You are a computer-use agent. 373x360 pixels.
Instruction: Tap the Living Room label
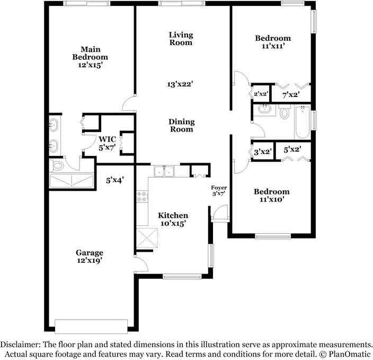(x=181, y=39)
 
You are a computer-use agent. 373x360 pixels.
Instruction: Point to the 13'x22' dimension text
(x=180, y=84)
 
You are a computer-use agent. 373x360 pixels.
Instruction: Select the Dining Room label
(x=182, y=125)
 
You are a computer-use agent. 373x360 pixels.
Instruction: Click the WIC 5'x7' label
(x=107, y=143)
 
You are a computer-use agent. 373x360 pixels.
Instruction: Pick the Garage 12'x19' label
(x=90, y=257)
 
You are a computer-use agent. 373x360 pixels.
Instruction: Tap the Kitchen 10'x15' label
(x=173, y=219)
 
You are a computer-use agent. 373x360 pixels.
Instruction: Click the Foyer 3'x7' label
(x=219, y=191)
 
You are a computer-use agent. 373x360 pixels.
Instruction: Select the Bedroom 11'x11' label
(x=273, y=42)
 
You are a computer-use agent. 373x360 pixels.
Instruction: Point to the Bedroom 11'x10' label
(x=272, y=196)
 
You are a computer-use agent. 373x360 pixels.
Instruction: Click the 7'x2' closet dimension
(x=291, y=95)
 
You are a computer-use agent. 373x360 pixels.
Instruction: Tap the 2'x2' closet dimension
(x=261, y=94)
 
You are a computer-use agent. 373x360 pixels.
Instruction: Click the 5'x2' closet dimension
(x=292, y=150)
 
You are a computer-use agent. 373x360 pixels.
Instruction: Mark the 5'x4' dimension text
(x=114, y=180)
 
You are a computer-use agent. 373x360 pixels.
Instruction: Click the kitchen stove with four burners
(x=142, y=196)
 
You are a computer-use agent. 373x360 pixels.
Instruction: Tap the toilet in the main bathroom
(x=58, y=166)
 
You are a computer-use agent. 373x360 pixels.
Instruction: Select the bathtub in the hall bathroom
(x=303, y=122)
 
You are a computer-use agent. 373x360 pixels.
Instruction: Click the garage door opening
(x=91, y=326)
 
